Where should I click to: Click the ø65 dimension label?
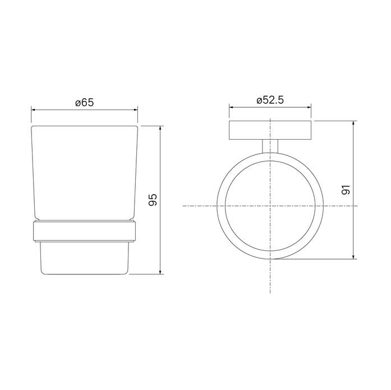tap(85, 103)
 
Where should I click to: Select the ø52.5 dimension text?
tap(270, 100)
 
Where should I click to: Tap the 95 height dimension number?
tap(153, 200)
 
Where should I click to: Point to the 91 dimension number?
tap(346, 190)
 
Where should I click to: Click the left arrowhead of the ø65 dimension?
tap(34, 109)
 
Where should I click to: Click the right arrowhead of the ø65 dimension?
tap(135, 109)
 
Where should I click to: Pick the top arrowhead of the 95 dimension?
tap(160, 129)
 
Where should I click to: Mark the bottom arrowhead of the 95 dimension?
tap(160, 272)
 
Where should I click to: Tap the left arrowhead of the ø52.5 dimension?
tap(232, 107)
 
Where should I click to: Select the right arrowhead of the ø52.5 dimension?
tap(309, 107)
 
